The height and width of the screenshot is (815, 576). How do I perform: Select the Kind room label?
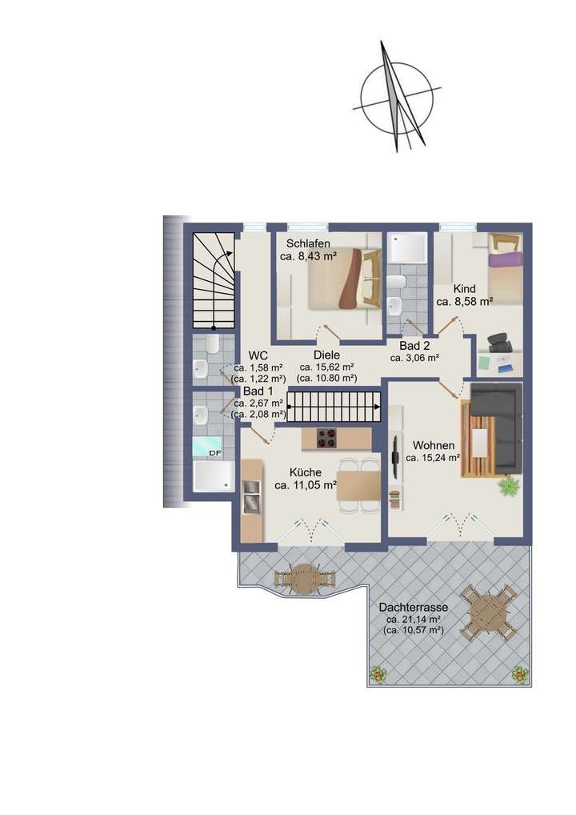[x=464, y=288]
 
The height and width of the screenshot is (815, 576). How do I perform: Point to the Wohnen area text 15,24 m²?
[x=433, y=459]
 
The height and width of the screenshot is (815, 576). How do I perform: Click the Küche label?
[x=305, y=472]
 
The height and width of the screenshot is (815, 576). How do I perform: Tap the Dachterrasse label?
[x=413, y=608]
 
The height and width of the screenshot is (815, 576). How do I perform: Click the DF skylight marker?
[x=214, y=452]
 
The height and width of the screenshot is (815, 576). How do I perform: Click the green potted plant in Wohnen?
[x=509, y=484]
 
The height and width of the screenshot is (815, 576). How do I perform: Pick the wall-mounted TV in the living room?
[x=395, y=458]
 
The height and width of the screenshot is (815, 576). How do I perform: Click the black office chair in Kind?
[x=500, y=343]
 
